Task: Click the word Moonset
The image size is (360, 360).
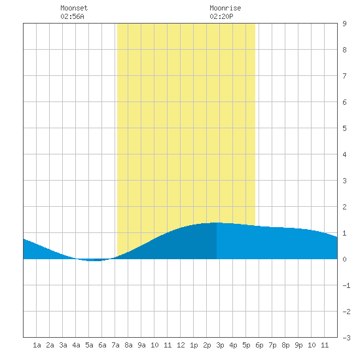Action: point(74,8)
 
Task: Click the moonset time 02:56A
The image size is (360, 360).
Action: point(72,16)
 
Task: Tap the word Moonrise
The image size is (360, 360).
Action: point(225,8)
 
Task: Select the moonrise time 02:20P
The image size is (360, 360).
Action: point(221,16)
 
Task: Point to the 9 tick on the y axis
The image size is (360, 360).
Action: point(344,24)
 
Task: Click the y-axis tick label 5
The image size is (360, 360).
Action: point(344,128)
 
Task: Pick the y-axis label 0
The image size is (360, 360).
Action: point(344,259)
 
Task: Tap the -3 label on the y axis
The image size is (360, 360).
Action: point(346,338)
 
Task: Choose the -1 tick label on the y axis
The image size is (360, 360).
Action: point(346,285)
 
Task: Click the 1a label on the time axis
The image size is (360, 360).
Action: point(37,345)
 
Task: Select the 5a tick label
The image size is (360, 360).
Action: point(89,345)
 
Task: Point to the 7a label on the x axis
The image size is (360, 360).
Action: point(115,345)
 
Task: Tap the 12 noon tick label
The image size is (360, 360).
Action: point(181,345)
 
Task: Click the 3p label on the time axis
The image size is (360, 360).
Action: point(220,345)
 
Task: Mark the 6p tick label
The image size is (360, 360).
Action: point(259,345)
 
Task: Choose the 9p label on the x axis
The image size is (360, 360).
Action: point(298,345)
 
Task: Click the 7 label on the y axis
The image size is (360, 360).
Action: point(344,76)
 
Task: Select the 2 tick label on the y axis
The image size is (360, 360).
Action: point(344,207)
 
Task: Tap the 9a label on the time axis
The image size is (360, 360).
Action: point(141,345)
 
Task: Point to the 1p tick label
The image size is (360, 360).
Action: point(194,345)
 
